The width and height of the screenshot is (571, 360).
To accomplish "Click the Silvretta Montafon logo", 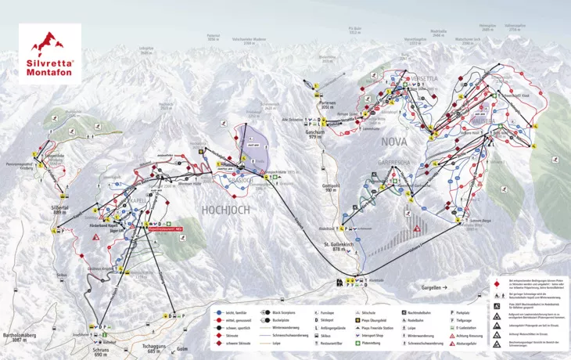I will (50, 53).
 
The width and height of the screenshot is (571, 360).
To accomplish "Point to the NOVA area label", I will (394, 142).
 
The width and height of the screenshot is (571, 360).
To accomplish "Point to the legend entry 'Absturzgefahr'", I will (474, 342).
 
